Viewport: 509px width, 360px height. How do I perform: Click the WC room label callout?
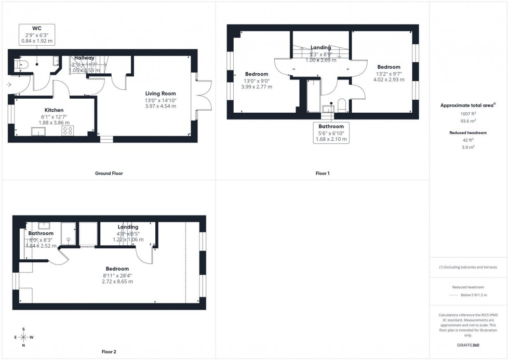[36, 34]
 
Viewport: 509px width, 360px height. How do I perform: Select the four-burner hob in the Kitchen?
[68, 131]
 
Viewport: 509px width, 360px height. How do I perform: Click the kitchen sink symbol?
[38, 131]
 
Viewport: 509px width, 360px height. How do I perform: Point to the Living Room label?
[160, 94]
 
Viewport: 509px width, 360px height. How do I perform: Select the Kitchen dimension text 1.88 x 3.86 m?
[53, 123]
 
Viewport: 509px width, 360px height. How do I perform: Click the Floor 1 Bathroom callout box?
[331, 133]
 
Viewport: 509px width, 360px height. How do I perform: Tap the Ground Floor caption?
[109, 173]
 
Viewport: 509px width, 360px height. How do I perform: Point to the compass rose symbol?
[24, 337]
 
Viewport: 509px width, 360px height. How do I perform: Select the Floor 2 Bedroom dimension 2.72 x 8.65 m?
[117, 282]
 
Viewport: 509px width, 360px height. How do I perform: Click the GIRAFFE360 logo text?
[468, 345]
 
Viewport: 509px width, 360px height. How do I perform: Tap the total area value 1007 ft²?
[468, 113]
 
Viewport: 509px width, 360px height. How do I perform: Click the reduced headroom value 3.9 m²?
[468, 147]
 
